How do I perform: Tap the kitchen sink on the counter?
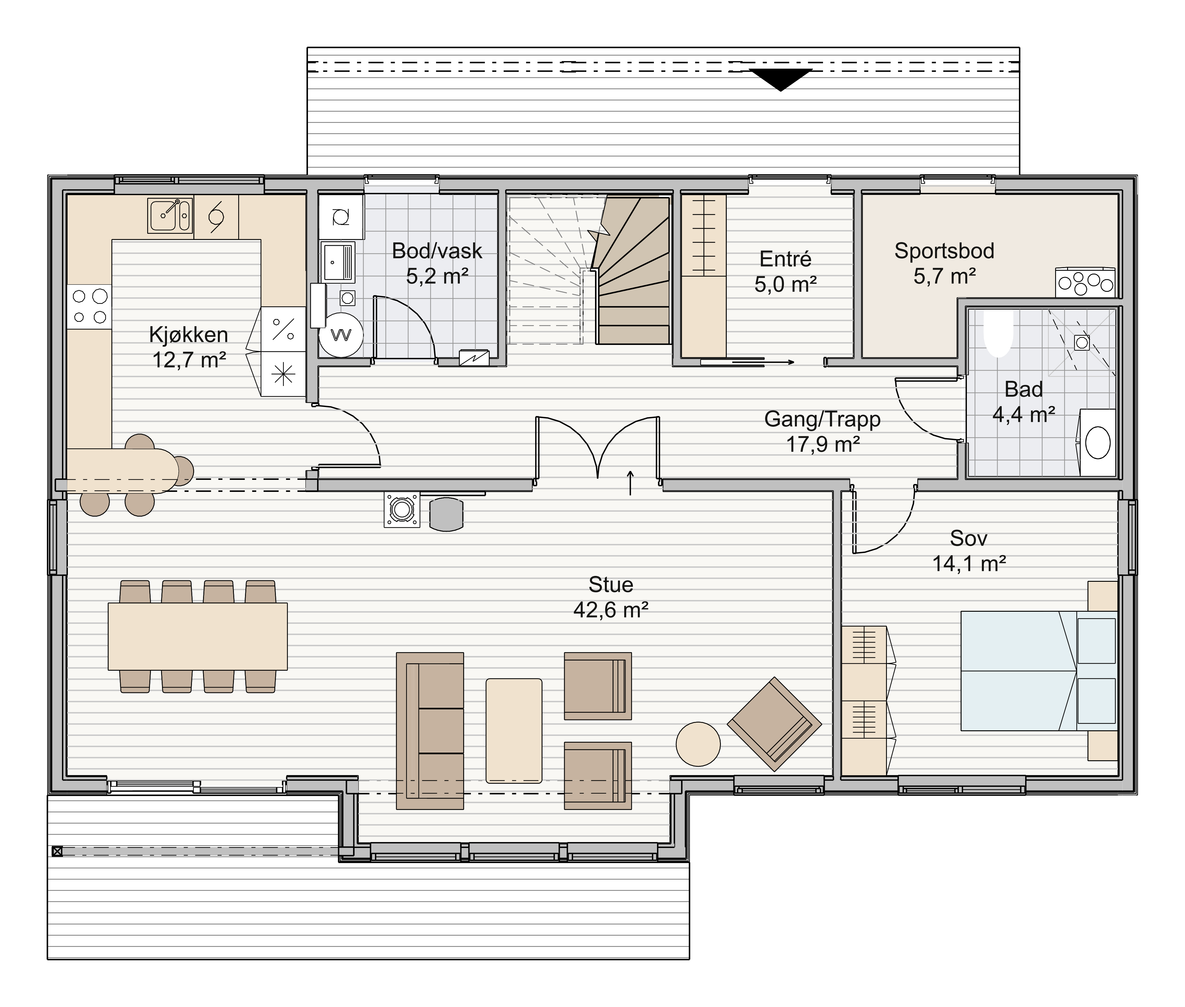pyautogui.click(x=169, y=216)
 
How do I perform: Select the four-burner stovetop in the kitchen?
pyautogui.click(x=89, y=307)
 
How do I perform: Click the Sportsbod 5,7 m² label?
pyautogui.click(x=944, y=263)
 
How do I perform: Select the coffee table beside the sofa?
pyautogui.click(x=513, y=731)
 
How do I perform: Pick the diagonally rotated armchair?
pyautogui.click(x=774, y=724)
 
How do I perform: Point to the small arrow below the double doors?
pyautogui.click(x=630, y=483)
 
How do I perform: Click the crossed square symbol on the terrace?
pyautogui.click(x=57, y=851)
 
